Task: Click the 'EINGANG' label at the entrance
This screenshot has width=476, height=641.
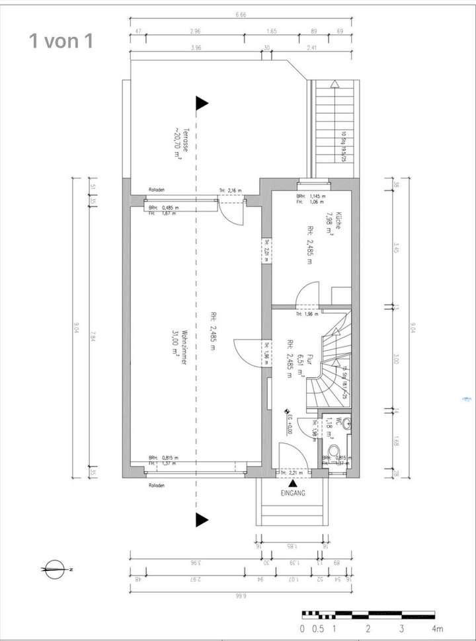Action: [x=292, y=492]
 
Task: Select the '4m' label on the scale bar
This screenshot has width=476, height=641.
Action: [x=437, y=628]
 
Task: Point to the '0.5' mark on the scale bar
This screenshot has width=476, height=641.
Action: [x=319, y=628]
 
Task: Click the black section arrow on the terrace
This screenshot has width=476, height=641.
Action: [x=202, y=103]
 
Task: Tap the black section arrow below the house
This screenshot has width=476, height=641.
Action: [x=202, y=519]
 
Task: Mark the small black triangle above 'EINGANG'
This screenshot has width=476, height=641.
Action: [x=292, y=484]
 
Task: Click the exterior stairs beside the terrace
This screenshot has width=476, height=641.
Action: [x=335, y=126]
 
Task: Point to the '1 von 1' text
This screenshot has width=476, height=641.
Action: [x=61, y=41]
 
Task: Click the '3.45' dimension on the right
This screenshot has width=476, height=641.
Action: [x=395, y=249]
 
